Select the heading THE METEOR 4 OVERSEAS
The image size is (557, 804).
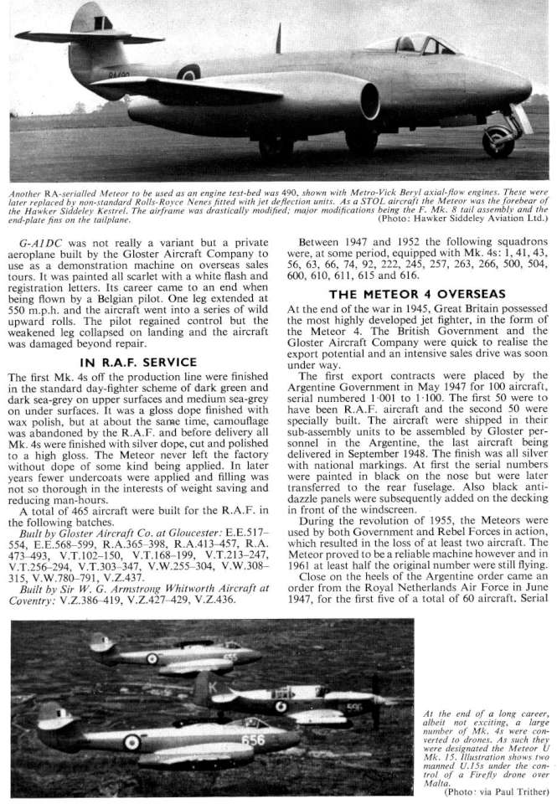415,294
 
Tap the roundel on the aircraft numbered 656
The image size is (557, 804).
132,741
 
